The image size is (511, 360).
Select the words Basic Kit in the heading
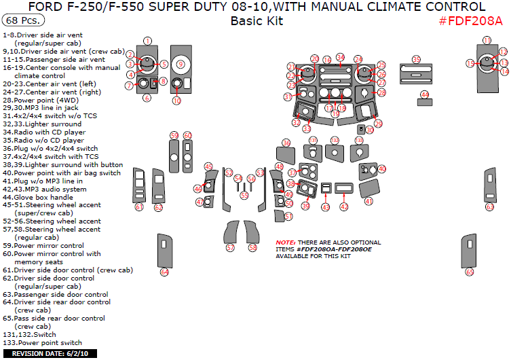tap(257, 20)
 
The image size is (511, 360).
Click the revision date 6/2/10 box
tap(45, 353)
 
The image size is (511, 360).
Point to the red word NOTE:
tap(285, 242)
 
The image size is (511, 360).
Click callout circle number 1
tap(147, 41)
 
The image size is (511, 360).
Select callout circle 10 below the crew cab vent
tap(176, 101)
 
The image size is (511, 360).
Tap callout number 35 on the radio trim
tap(416, 60)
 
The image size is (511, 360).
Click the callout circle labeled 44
tap(425, 94)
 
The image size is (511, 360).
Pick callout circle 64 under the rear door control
tap(164, 272)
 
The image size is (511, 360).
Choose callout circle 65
tap(469, 272)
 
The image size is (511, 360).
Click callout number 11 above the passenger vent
tap(487, 41)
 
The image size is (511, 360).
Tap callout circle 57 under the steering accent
tap(230, 248)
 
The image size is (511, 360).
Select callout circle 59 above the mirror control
tap(174, 136)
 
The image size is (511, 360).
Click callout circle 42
tap(344, 206)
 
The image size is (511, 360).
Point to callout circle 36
tap(286, 143)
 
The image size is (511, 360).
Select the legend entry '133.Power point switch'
tap(42, 343)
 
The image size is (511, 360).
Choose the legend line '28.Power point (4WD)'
tap(41, 100)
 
